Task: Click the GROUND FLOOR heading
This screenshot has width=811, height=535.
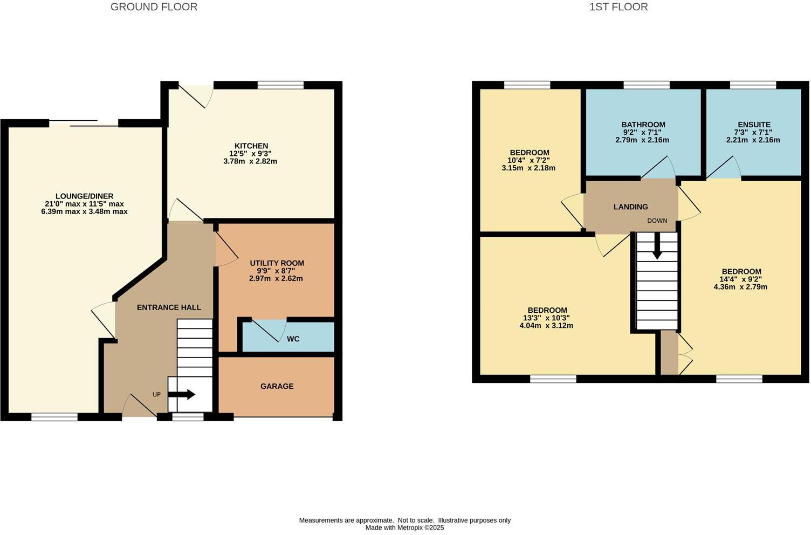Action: pyautogui.click(x=154, y=7)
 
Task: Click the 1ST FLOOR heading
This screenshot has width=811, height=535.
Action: pyautogui.click(x=618, y=7)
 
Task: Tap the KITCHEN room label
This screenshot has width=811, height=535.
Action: pyautogui.click(x=251, y=146)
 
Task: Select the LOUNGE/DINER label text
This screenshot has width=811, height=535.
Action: pyautogui.click(x=84, y=196)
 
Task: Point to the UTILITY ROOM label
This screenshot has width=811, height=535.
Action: pyautogui.click(x=277, y=263)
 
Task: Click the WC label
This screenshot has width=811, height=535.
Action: pyautogui.click(x=293, y=339)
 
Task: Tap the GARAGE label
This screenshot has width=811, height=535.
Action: pyautogui.click(x=277, y=386)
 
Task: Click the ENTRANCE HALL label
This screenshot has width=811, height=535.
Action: pyautogui.click(x=169, y=307)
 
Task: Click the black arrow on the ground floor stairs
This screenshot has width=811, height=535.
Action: pyautogui.click(x=182, y=394)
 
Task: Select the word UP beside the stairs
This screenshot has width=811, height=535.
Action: pyautogui.click(x=156, y=394)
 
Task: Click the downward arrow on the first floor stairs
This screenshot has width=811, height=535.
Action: pyautogui.click(x=657, y=250)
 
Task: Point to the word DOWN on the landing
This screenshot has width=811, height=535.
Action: pyautogui.click(x=657, y=221)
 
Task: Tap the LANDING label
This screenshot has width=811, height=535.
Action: pyautogui.click(x=630, y=207)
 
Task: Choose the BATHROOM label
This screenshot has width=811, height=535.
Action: pyautogui.click(x=643, y=125)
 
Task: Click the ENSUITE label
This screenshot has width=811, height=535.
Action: pyautogui.click(x=753, y=125)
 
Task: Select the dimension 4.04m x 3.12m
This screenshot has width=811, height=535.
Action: pyautogui.click(x=547, y=325)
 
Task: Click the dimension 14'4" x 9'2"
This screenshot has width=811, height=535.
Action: pyautogui.click(x=741, y=279)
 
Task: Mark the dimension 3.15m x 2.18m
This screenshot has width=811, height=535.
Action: pyautogui.click(x=528, y=168)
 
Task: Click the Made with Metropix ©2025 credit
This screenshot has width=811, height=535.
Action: pyautogui.click(x=404, y=528)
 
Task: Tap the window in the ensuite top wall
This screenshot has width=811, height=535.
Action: pyautogui.click(x=753, y=85)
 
